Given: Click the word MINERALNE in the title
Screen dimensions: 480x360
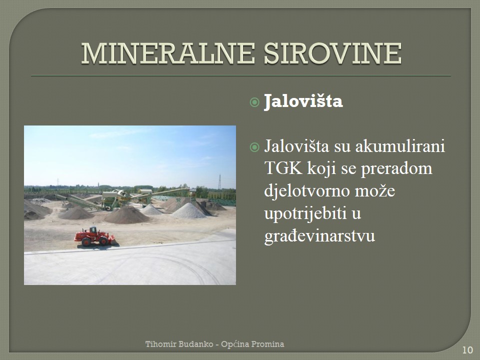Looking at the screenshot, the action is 168,53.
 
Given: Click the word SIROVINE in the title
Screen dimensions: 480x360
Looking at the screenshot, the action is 332,53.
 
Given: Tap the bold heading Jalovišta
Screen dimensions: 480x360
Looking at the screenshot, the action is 303,101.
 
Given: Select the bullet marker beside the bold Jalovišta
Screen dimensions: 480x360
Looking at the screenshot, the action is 254,102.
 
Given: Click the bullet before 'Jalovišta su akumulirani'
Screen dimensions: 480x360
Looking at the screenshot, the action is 254,147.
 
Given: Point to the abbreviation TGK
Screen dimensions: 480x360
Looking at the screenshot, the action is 283,168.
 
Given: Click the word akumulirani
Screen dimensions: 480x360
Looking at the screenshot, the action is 400,146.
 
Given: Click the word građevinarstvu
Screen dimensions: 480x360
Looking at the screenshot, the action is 319,236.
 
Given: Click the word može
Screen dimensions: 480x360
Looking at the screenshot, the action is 375,191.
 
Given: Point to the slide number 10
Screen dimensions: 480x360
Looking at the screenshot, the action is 467,350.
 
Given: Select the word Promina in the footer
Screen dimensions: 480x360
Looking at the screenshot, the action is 269,344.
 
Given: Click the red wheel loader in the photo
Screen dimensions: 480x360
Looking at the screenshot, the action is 94,236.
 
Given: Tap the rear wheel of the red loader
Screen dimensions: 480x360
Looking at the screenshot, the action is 86,242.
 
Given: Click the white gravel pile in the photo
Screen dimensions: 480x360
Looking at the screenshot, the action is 188,211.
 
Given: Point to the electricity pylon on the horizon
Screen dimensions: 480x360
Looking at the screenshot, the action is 219,182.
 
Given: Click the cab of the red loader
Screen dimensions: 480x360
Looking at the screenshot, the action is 93,229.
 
